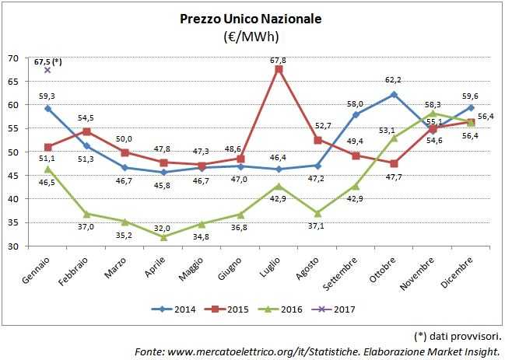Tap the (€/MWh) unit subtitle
[x=251, y=36]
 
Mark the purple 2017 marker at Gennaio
[x=47, y=70]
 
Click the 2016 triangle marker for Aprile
[x=163, y=237]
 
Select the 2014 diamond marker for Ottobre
[x=394, y=95]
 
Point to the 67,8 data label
[x=278, y=59]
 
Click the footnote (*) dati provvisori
[x=457, y=336]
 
